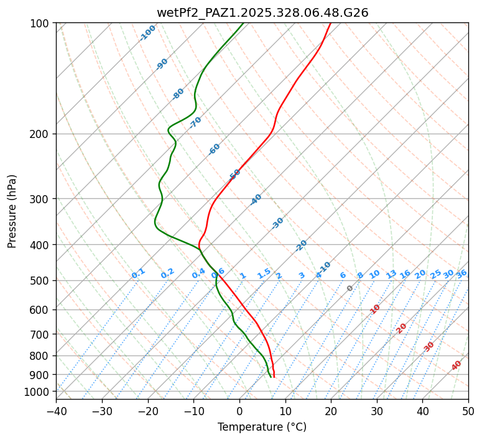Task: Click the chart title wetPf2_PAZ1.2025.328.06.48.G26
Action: click(x=262, y=12)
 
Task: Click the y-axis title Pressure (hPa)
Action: click(x=12, y=211)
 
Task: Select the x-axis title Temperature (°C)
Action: click(x=262, y=428)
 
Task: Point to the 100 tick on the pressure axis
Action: click(x=41, y=24)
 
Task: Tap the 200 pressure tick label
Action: click(x=41, y=134)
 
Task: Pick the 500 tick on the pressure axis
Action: click(x=41, y=281)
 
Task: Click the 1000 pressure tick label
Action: click(x=39, y=392)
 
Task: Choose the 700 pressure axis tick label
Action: click(x=41, y=334)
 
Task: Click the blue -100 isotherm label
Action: click(x=148, y=32)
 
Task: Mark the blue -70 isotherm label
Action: click(x=195, y=122)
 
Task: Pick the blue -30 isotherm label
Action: click(x=277, y=223)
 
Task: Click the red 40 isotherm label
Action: click(x=457, y=365)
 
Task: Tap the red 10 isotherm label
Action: click(x=375, y=309)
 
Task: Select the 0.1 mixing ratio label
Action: click(x=138, y=273)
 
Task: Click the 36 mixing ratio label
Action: click(x=461, y=273)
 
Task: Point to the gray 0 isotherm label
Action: click(x=350, y=288)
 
